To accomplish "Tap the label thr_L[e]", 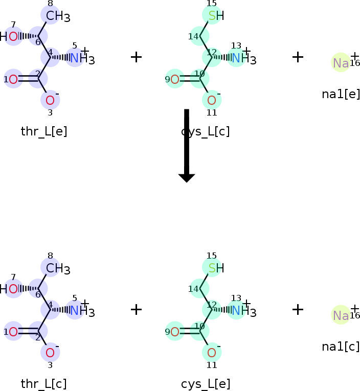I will (44, 131).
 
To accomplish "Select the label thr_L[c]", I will (44, 384).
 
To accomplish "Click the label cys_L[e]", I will (206, 384).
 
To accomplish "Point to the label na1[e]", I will (341, 94).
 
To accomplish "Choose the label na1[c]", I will (341, 346).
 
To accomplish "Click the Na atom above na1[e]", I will (341, 63).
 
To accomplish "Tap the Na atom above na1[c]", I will (341, 315).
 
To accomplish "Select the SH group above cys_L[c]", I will (216, 15).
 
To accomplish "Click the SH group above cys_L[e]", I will (216, 268).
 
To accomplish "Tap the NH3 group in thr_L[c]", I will (81, 310).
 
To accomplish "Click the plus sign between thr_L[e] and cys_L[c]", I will (136, 57).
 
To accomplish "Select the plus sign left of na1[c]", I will (298, 309).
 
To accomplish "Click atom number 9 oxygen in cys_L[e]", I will (175, 332).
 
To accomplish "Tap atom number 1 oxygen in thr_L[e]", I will (13, 79).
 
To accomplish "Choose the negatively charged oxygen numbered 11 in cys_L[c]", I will (212, 100).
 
